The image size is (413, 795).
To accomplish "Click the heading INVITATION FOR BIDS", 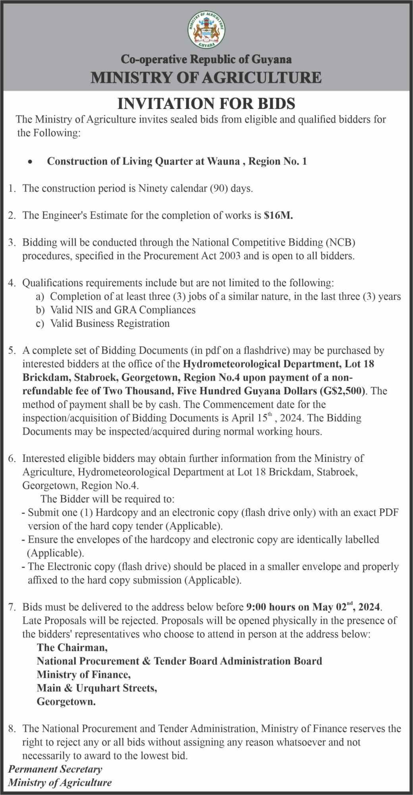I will (x=206, y=104).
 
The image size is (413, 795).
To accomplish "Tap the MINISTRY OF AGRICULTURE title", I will (x=206, y=77).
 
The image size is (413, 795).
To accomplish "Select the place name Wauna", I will (x=225, y=161).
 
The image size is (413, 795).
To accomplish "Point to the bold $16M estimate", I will (x=278, y=215).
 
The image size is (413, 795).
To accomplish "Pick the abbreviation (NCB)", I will (x=340, y=242).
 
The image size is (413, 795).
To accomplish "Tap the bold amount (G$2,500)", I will (x=342, y=391).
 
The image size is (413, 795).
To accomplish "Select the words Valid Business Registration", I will (x=110, y=324).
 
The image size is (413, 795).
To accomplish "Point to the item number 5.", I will (x=12, y=351).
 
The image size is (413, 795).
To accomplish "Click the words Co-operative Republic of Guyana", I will (x=206, y=60).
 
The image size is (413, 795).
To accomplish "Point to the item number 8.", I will (x=12, y=729).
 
